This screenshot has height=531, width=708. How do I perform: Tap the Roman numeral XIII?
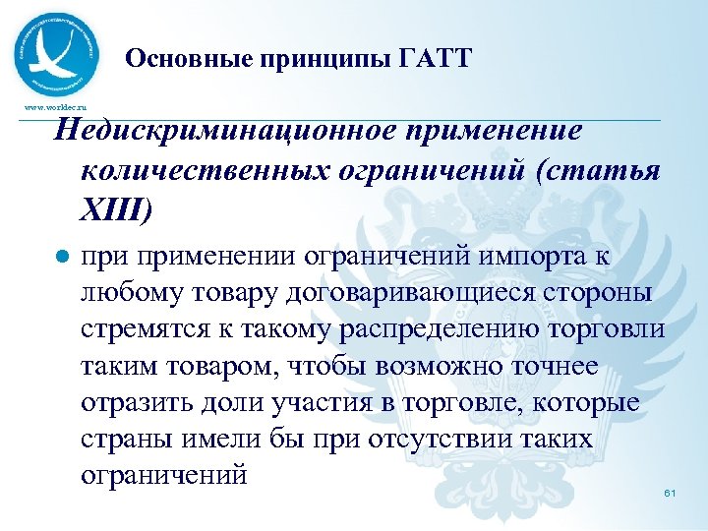click(x=122, y=208)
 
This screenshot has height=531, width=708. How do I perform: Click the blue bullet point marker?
click(x=63, y=257)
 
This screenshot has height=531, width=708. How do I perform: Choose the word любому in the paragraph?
click(x=129, y=293)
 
